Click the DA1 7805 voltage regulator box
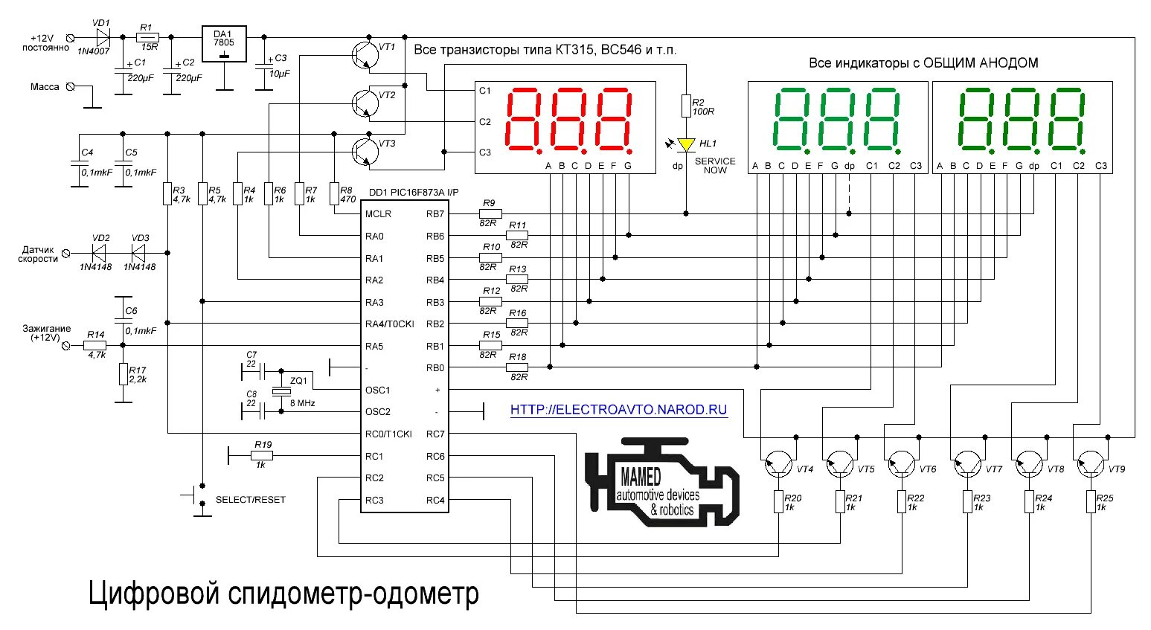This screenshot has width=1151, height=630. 224,44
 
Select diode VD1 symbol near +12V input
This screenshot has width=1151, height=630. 103,37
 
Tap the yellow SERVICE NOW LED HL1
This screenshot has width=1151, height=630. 686,144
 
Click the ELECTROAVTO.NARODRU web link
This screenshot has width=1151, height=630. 619,410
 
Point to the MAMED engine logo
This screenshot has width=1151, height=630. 662,482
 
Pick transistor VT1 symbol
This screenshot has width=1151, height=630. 365,55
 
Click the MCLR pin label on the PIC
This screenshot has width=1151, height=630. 378,213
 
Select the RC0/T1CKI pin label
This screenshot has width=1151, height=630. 388,434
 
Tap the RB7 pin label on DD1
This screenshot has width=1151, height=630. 435,213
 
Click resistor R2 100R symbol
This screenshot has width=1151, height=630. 686,106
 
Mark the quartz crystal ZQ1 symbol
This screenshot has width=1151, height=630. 281,391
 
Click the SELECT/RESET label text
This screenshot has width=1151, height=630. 250,500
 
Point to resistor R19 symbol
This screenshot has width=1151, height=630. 262,455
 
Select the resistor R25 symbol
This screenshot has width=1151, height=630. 1091,501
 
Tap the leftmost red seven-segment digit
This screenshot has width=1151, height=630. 524,120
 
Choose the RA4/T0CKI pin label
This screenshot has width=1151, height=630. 389,324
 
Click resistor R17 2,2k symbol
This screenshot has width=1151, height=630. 123,374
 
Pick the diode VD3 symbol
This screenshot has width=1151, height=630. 138,253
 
